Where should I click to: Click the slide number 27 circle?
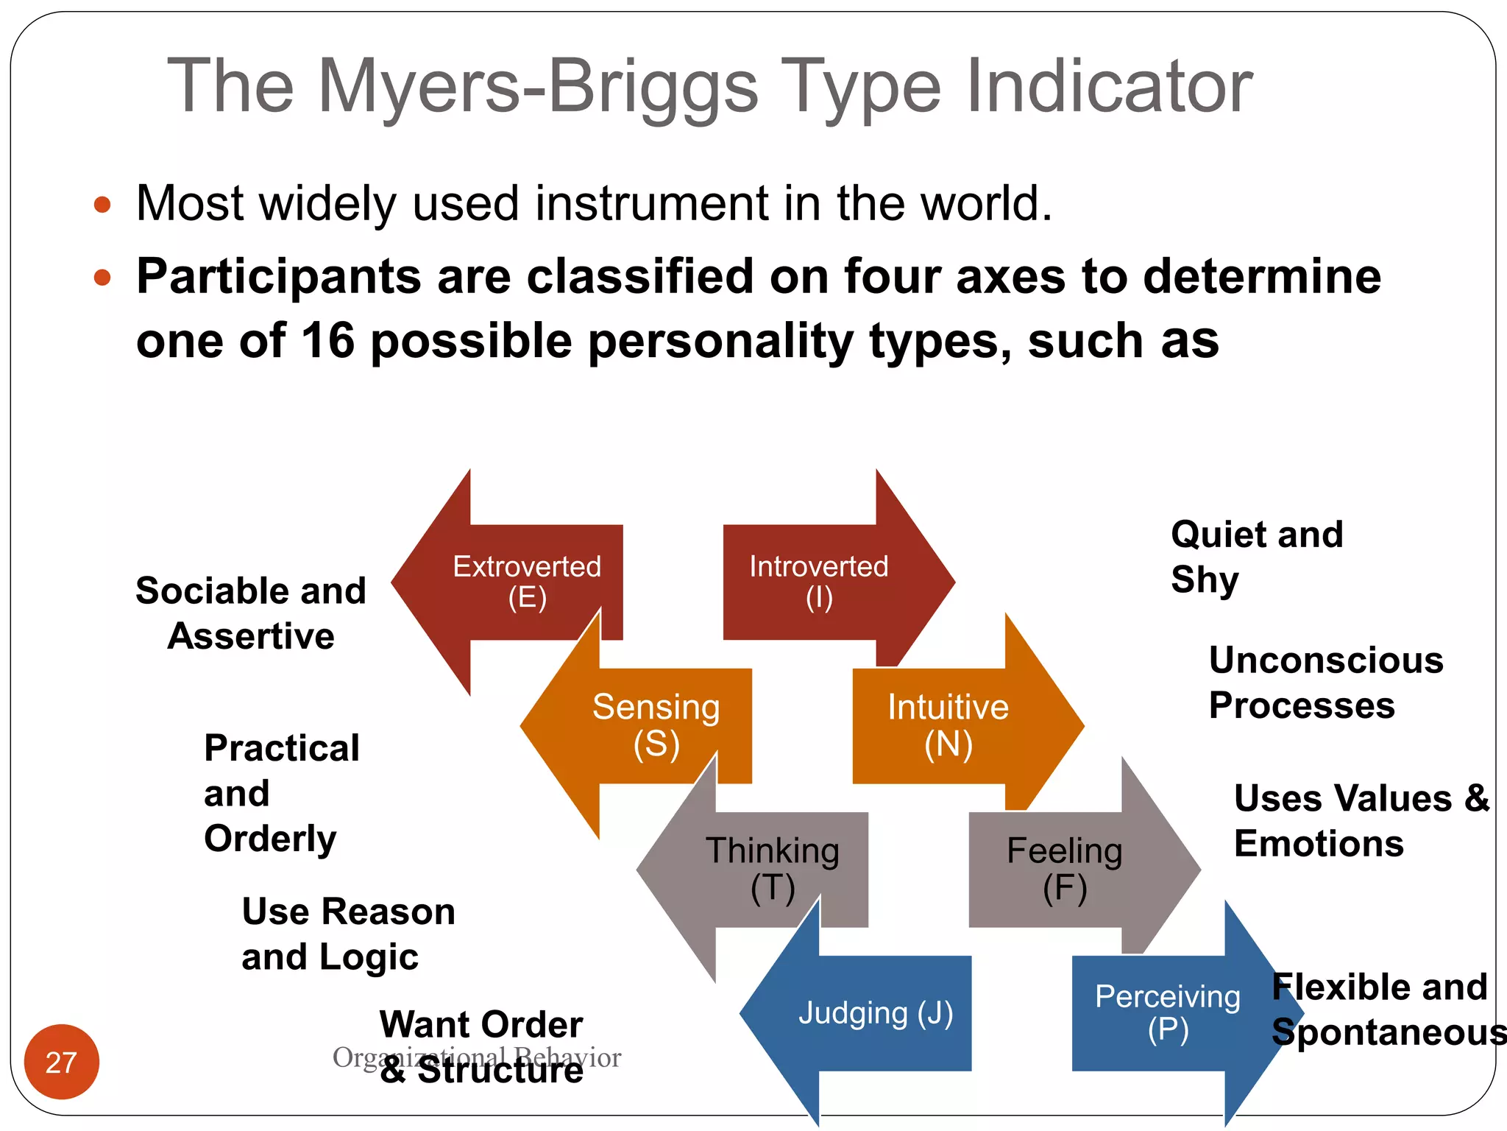61,1062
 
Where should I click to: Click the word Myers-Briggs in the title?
537,87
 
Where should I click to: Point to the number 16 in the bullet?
327,341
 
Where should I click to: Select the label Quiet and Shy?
1255,557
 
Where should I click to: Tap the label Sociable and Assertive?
251,613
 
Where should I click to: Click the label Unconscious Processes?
1325,683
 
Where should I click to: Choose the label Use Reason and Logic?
347,934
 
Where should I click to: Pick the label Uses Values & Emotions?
1360,820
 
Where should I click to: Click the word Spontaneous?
1388,1032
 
